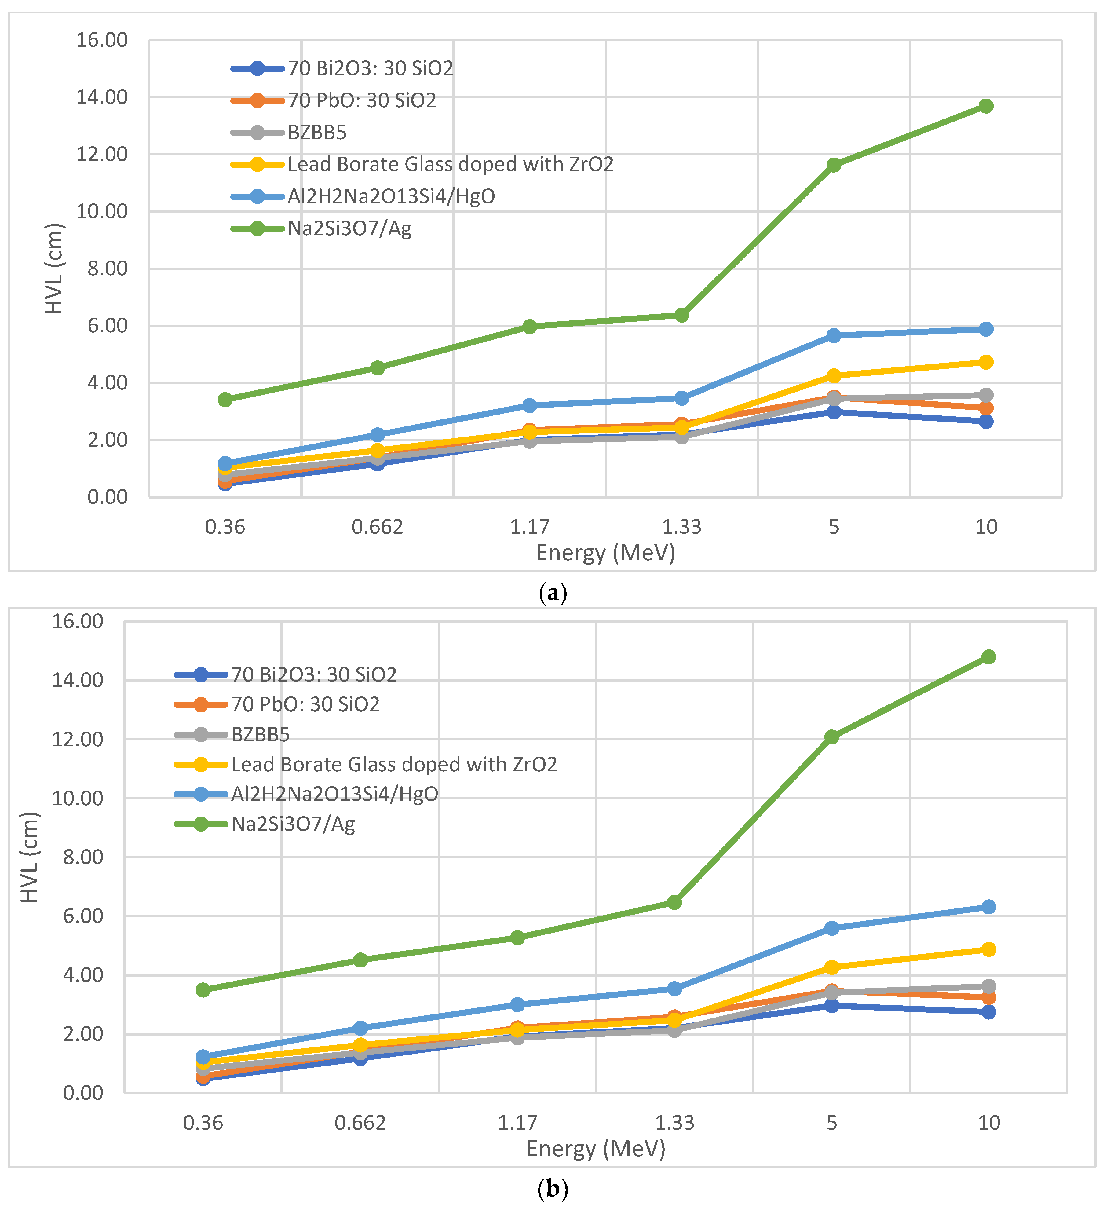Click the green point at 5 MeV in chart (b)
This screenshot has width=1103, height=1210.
point(831,737)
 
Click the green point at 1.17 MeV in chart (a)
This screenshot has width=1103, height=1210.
point(529,327)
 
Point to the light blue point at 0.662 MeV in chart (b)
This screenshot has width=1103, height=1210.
point(360,1028)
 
